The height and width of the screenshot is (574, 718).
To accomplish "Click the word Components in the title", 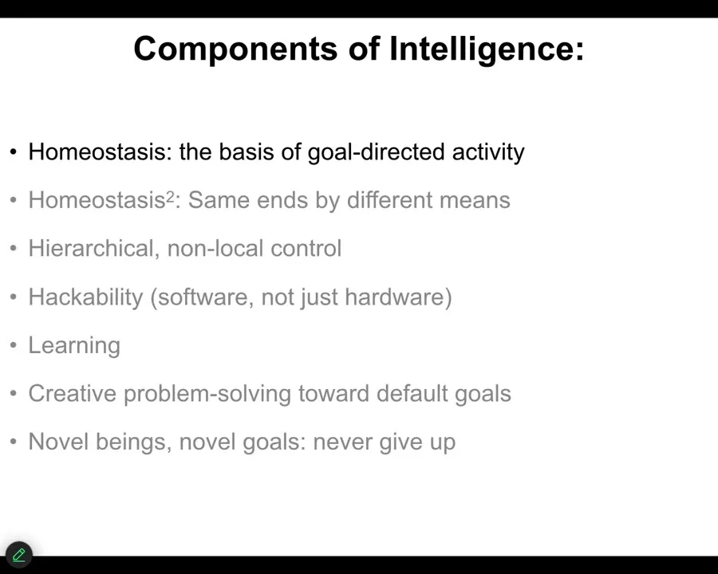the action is (236, 49).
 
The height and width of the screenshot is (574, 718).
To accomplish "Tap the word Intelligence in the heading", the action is (487, 49).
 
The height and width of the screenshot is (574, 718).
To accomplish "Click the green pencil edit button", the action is (19, 555).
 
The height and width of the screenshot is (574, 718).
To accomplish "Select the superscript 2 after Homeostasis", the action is (171, 196).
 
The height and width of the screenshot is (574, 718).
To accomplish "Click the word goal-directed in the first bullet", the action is (376, 152).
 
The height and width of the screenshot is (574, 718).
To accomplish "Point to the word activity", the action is (488, 152).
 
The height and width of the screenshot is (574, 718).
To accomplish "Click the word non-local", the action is (215, 249).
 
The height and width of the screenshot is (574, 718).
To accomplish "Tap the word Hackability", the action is (85, 297).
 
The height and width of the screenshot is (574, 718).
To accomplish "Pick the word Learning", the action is (74, 345).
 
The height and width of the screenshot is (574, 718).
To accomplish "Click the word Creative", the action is (73, 394).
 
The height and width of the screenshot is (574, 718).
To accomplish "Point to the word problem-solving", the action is (207, 394).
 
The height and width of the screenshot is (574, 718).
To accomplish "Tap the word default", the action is (412, 394).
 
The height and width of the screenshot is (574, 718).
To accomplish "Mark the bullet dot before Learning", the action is (14, 345).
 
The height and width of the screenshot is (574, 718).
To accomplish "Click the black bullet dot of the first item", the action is (14, 152).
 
